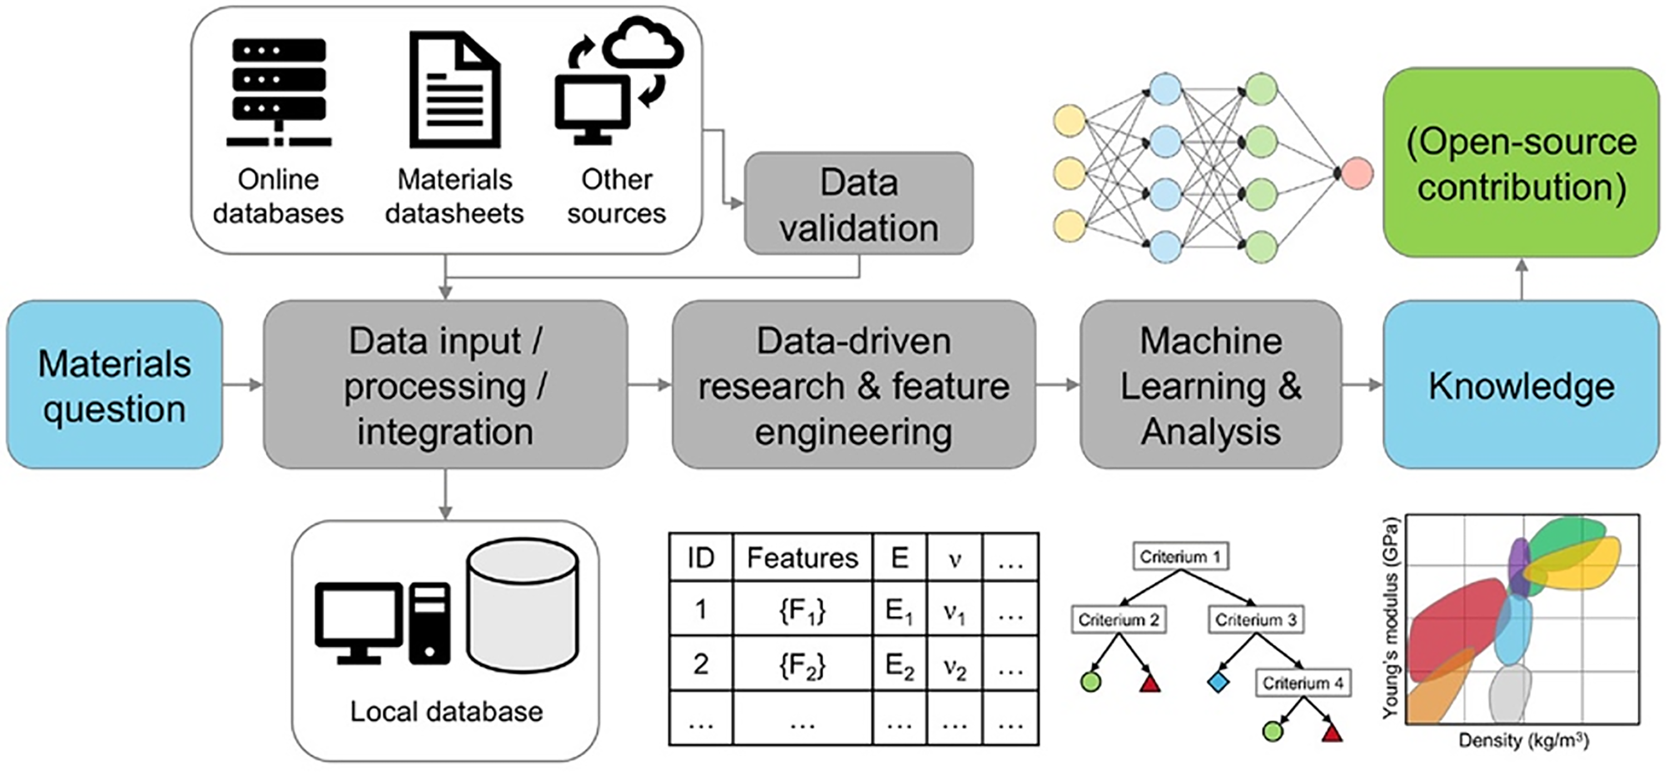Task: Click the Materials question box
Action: click(x=115, y=385)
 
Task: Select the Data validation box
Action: click(x=858, y=204)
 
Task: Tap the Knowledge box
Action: click(x=1521, y=385)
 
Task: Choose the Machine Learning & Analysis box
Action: click(x=1211, y=385)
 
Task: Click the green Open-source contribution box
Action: click(x=1521, y=162)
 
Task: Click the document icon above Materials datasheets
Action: click(x=455, y=89)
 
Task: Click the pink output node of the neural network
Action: click(x=1357, y=173)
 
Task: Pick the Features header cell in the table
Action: click(x=802, y=557)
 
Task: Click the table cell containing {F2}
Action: click(x=802, y=664)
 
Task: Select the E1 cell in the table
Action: click(x=900, y=609)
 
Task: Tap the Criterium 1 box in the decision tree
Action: click(x=1180, y=557)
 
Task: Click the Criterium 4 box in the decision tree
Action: click(x=1303, y=683)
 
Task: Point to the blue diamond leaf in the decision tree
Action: click(x=1218, y=682)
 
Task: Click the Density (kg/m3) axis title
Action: click(x=1523, y=741)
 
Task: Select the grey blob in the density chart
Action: click(x=1510, y=694)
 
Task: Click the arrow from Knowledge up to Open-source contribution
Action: click(x=1522, y=279)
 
